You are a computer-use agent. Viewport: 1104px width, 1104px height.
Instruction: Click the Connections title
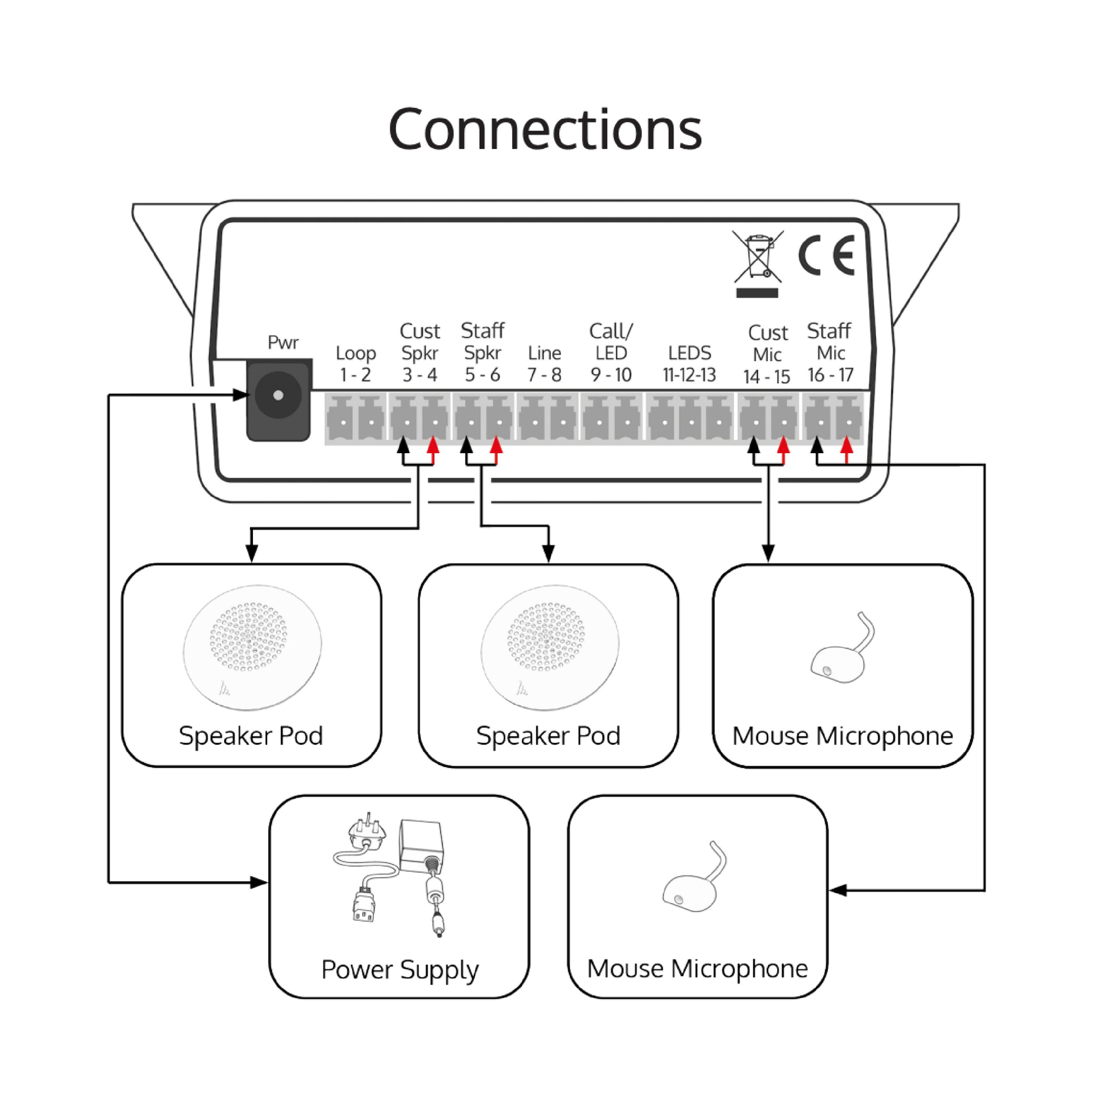pos(544,130)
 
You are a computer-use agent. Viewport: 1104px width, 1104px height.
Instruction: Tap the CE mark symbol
pos(826,255)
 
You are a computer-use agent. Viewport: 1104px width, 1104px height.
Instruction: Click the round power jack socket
pos(278,395)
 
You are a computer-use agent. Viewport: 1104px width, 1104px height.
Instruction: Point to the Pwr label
pos(283,342)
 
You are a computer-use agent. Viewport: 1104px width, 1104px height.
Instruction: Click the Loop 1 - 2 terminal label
pos(355,364)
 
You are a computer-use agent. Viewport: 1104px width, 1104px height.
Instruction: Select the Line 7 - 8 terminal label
pos(544,364)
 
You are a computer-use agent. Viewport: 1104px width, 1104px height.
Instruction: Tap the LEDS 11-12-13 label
pos(689,364)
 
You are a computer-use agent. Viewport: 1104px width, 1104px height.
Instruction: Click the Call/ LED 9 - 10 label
pos(611,353)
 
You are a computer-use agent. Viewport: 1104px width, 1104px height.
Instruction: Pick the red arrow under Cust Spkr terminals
pos(433,446)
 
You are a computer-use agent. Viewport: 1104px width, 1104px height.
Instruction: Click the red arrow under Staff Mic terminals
pos(847,446)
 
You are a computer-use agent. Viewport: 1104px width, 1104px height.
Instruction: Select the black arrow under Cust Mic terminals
pos(754,446)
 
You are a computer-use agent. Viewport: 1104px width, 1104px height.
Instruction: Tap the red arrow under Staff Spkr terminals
pos(497,446)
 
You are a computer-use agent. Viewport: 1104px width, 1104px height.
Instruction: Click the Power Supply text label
pos(400,970)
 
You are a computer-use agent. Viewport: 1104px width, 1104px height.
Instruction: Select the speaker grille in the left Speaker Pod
pos(249,636)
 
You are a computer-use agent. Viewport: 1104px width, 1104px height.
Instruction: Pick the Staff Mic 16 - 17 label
pos(829,353)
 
